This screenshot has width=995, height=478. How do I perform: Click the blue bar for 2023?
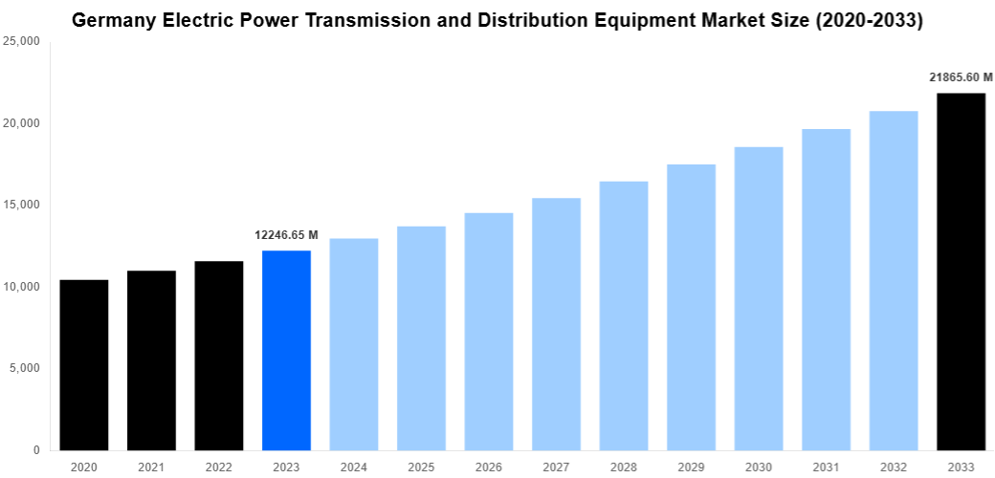coord(286,350)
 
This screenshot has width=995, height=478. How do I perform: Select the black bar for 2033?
coord(961,272)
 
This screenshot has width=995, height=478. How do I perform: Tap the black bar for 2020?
coord(84,364)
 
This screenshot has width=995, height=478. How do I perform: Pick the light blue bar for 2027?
coord(556,324)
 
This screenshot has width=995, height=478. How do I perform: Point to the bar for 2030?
coord(759,298)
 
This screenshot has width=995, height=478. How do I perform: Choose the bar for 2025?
coord(421,337)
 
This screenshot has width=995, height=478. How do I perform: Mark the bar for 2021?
coord(151,360)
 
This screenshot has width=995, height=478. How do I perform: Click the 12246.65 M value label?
coord(286,234)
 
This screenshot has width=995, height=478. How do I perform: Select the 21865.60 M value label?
coord(961,77)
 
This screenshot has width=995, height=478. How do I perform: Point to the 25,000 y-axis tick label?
coord(21,42)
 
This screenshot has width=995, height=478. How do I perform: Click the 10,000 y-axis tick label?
coord(21,287)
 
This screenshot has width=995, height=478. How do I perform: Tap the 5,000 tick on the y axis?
coord(24,368)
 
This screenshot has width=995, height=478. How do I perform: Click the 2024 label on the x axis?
coord(353,467)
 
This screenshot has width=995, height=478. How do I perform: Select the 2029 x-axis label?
coord(691,467)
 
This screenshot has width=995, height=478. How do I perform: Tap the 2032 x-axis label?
coord(893,467)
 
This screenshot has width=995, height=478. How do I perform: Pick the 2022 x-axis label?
coord(218,467)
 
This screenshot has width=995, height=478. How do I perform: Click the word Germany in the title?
coord(111,19)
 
